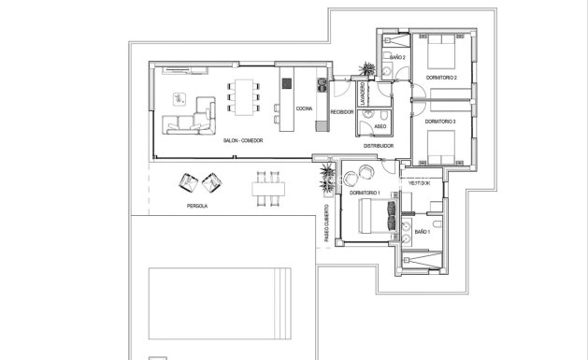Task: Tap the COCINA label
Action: pyautogui.click(x=304, y=109)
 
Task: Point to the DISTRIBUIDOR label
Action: pyautogui.click(x=378, y=146)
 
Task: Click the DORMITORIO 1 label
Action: pyautogui.click(x=364, y=191)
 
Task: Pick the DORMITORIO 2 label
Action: pyautogui.click(x=439, y=78)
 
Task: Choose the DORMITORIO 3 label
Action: pyautogui.click(x=439, y=122)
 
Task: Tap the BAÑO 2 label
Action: pyautogui.click(x=397, y=58)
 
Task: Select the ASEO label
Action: pyautogui.click(x=380, y=125)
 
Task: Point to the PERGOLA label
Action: pyautogui.click(x=196, y=204)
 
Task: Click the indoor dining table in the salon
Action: pyautogui.click(x=245, y=96)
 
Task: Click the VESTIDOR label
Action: pyautogui.click(x=418, y=183)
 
